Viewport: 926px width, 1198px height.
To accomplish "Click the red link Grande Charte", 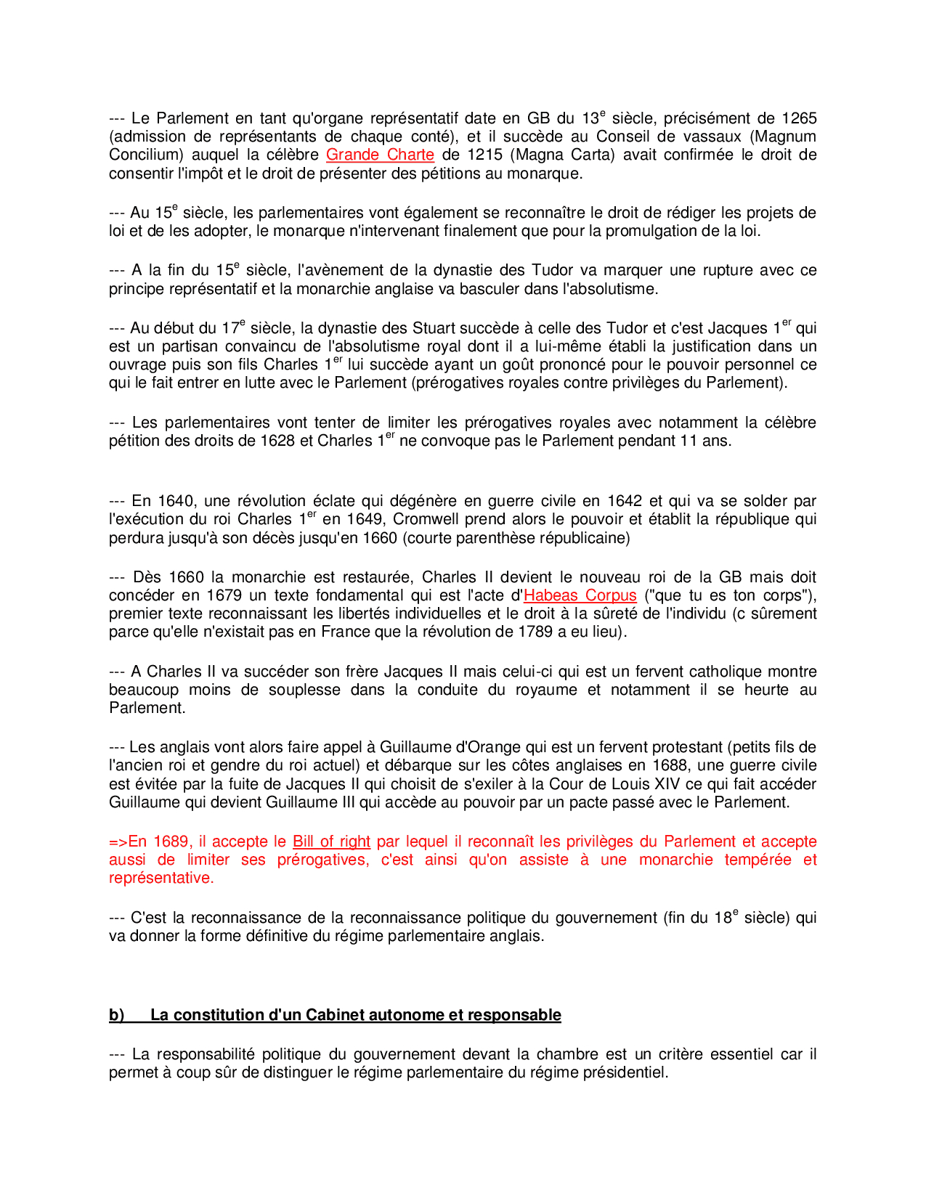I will [380, 155].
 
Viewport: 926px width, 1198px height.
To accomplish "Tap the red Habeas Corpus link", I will [580, 595].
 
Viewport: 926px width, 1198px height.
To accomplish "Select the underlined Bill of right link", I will [331, 842].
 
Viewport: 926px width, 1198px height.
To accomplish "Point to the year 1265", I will [799, 118].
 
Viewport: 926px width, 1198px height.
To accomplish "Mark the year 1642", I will [625, 501].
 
